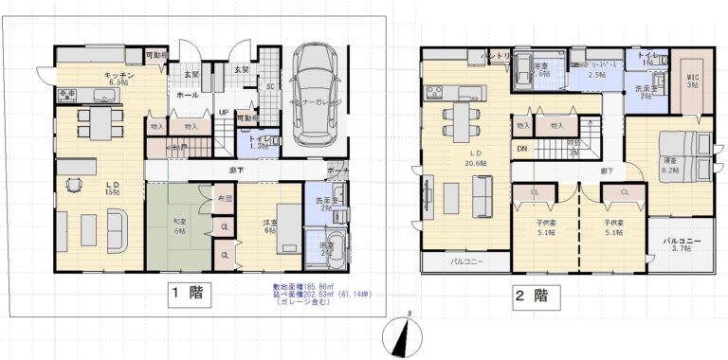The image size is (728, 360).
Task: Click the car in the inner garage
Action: point(314,93)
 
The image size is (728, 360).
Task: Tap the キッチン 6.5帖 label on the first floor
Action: point(118,79)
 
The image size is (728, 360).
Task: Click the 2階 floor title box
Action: point(532,295)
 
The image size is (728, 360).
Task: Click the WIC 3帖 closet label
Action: point(691,81)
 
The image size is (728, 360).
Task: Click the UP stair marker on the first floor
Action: point(223,111)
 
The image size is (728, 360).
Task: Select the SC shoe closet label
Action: point(269,86)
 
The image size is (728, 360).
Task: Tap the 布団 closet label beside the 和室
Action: point(224,199)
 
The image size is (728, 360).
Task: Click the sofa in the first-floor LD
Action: point(118,229)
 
